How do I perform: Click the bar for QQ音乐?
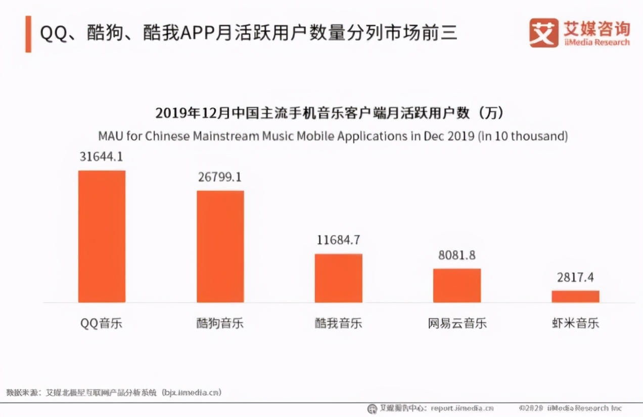tap(102, 236)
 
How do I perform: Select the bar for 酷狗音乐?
tap(220, 246)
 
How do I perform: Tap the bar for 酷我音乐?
tap(338, 278)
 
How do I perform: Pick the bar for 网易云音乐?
tap(457, 285)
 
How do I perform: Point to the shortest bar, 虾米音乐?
tap(575, 297)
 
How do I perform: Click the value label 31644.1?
tap(102, 157)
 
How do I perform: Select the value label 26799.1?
tap(220, 178)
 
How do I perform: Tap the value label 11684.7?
tap(338, 240)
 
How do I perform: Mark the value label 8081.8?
tap(457, 255)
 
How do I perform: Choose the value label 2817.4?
tap(575, 277)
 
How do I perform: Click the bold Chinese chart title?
tap(330, 113)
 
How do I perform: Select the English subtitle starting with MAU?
tap(333, 136)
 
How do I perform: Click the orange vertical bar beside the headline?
tap(28, 34)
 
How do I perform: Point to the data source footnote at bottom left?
tap(114, 392)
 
